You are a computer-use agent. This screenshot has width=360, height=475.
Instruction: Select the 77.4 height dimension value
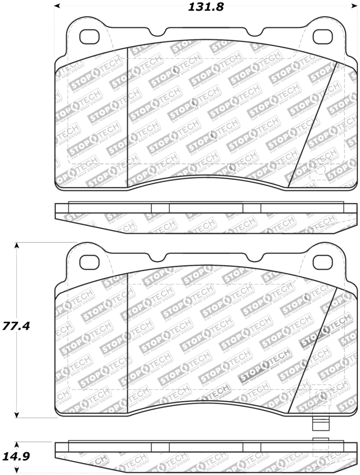click(16, 326)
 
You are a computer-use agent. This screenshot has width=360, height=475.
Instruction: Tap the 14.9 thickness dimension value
click(16, 457)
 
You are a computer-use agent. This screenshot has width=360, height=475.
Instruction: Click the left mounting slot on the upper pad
click(90, 36)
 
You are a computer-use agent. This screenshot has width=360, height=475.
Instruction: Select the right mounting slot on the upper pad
click(322, 36)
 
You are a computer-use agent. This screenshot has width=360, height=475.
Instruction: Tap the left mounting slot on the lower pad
click(90, 261)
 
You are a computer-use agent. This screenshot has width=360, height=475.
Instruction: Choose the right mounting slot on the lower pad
click(322, 261)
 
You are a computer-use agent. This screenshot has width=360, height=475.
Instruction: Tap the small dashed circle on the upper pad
click(320, 170)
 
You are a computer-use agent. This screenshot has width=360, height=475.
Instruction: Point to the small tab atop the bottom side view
click(320, 439)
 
